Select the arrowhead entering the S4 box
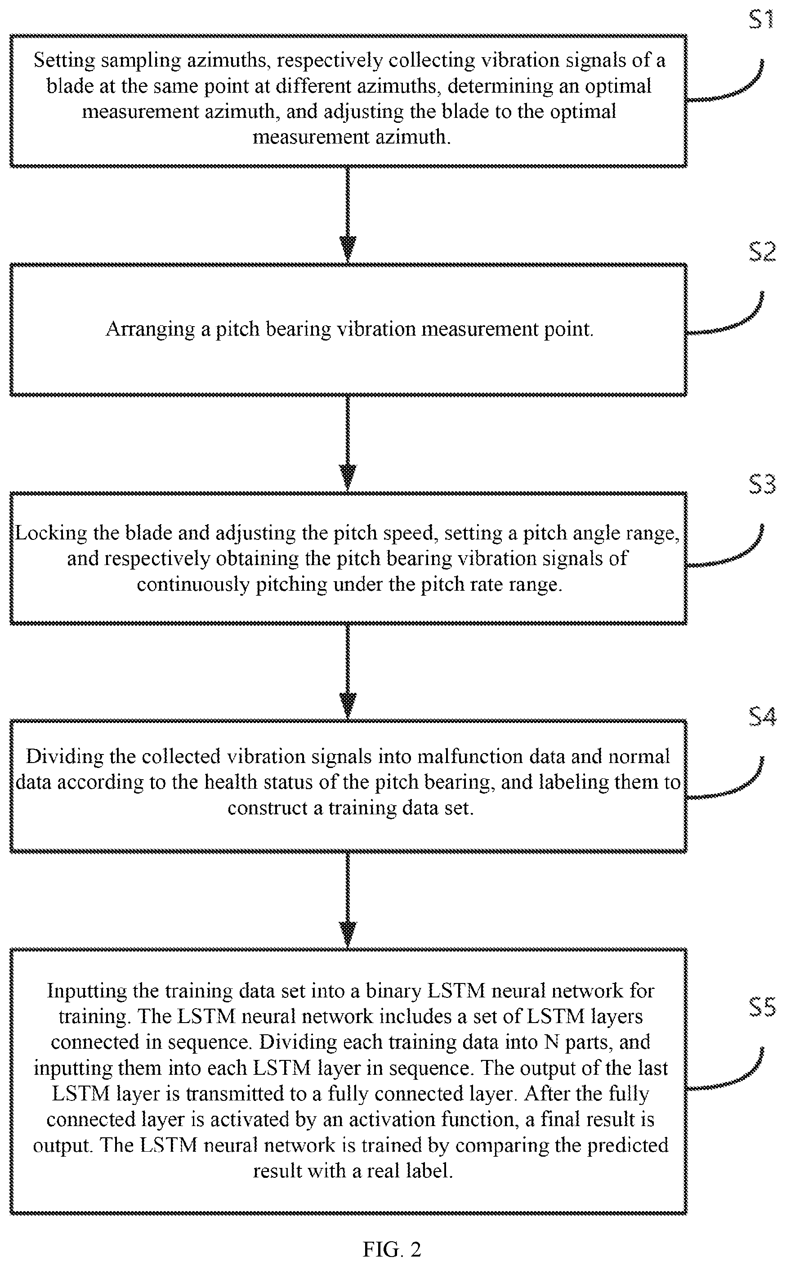click(x=347, y=706)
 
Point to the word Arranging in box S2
click(x=150, y=330)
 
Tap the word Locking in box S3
click(x=51, y=533)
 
